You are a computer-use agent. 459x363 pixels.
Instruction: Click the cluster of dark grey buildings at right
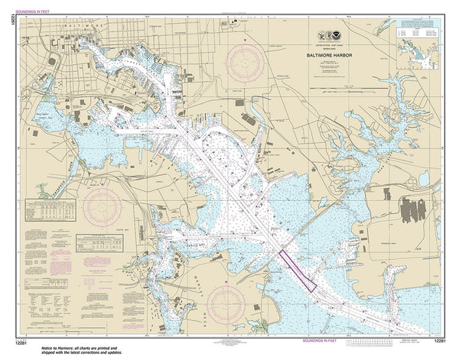[x=417, y=209]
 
